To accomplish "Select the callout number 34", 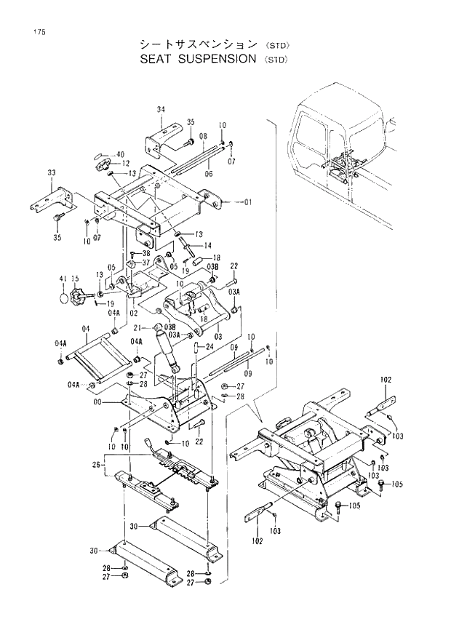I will pyautogui.click(x=161, y=109).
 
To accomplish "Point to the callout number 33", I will pyautogui.click(x=51, y=172).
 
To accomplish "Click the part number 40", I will pyautogui.click(x=120, y=154).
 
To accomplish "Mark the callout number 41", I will pyautogui.click(x=63, y=278).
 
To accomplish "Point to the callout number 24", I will pyautogui.click(x=209, y=347).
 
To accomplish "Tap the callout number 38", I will pyautogui.click(x=145, y=253).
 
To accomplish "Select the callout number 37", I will pyautogui.click(x=145, y=263).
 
